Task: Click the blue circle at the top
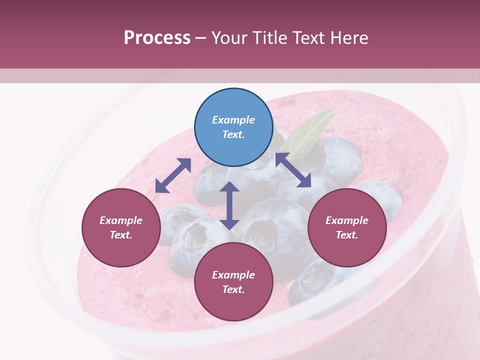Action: (x=233, y=127)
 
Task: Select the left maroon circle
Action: (x=121, y=227)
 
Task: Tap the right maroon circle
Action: (x=347, y=227)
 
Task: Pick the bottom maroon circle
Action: (x=233, y=282)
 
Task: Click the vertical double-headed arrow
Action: (x=229, y=205)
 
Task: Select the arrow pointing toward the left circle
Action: (x=173, y=175)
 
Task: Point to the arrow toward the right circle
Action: (x=293, y=170)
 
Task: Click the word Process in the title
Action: (x=157, y=37)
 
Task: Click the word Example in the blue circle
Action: (x=233, y=120)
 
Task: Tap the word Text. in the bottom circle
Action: (x=233, y=289)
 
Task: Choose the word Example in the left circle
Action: (x=121, y=220)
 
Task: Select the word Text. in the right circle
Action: (x=347, y=235)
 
